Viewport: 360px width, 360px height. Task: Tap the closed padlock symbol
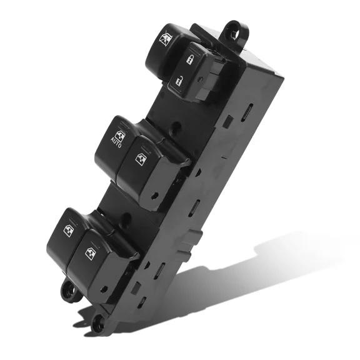coord(190,60)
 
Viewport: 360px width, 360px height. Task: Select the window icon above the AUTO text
coord(121,133)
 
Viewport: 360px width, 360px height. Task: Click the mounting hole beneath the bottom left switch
coord(66,289)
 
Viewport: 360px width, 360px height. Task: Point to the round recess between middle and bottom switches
coord(127,219)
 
